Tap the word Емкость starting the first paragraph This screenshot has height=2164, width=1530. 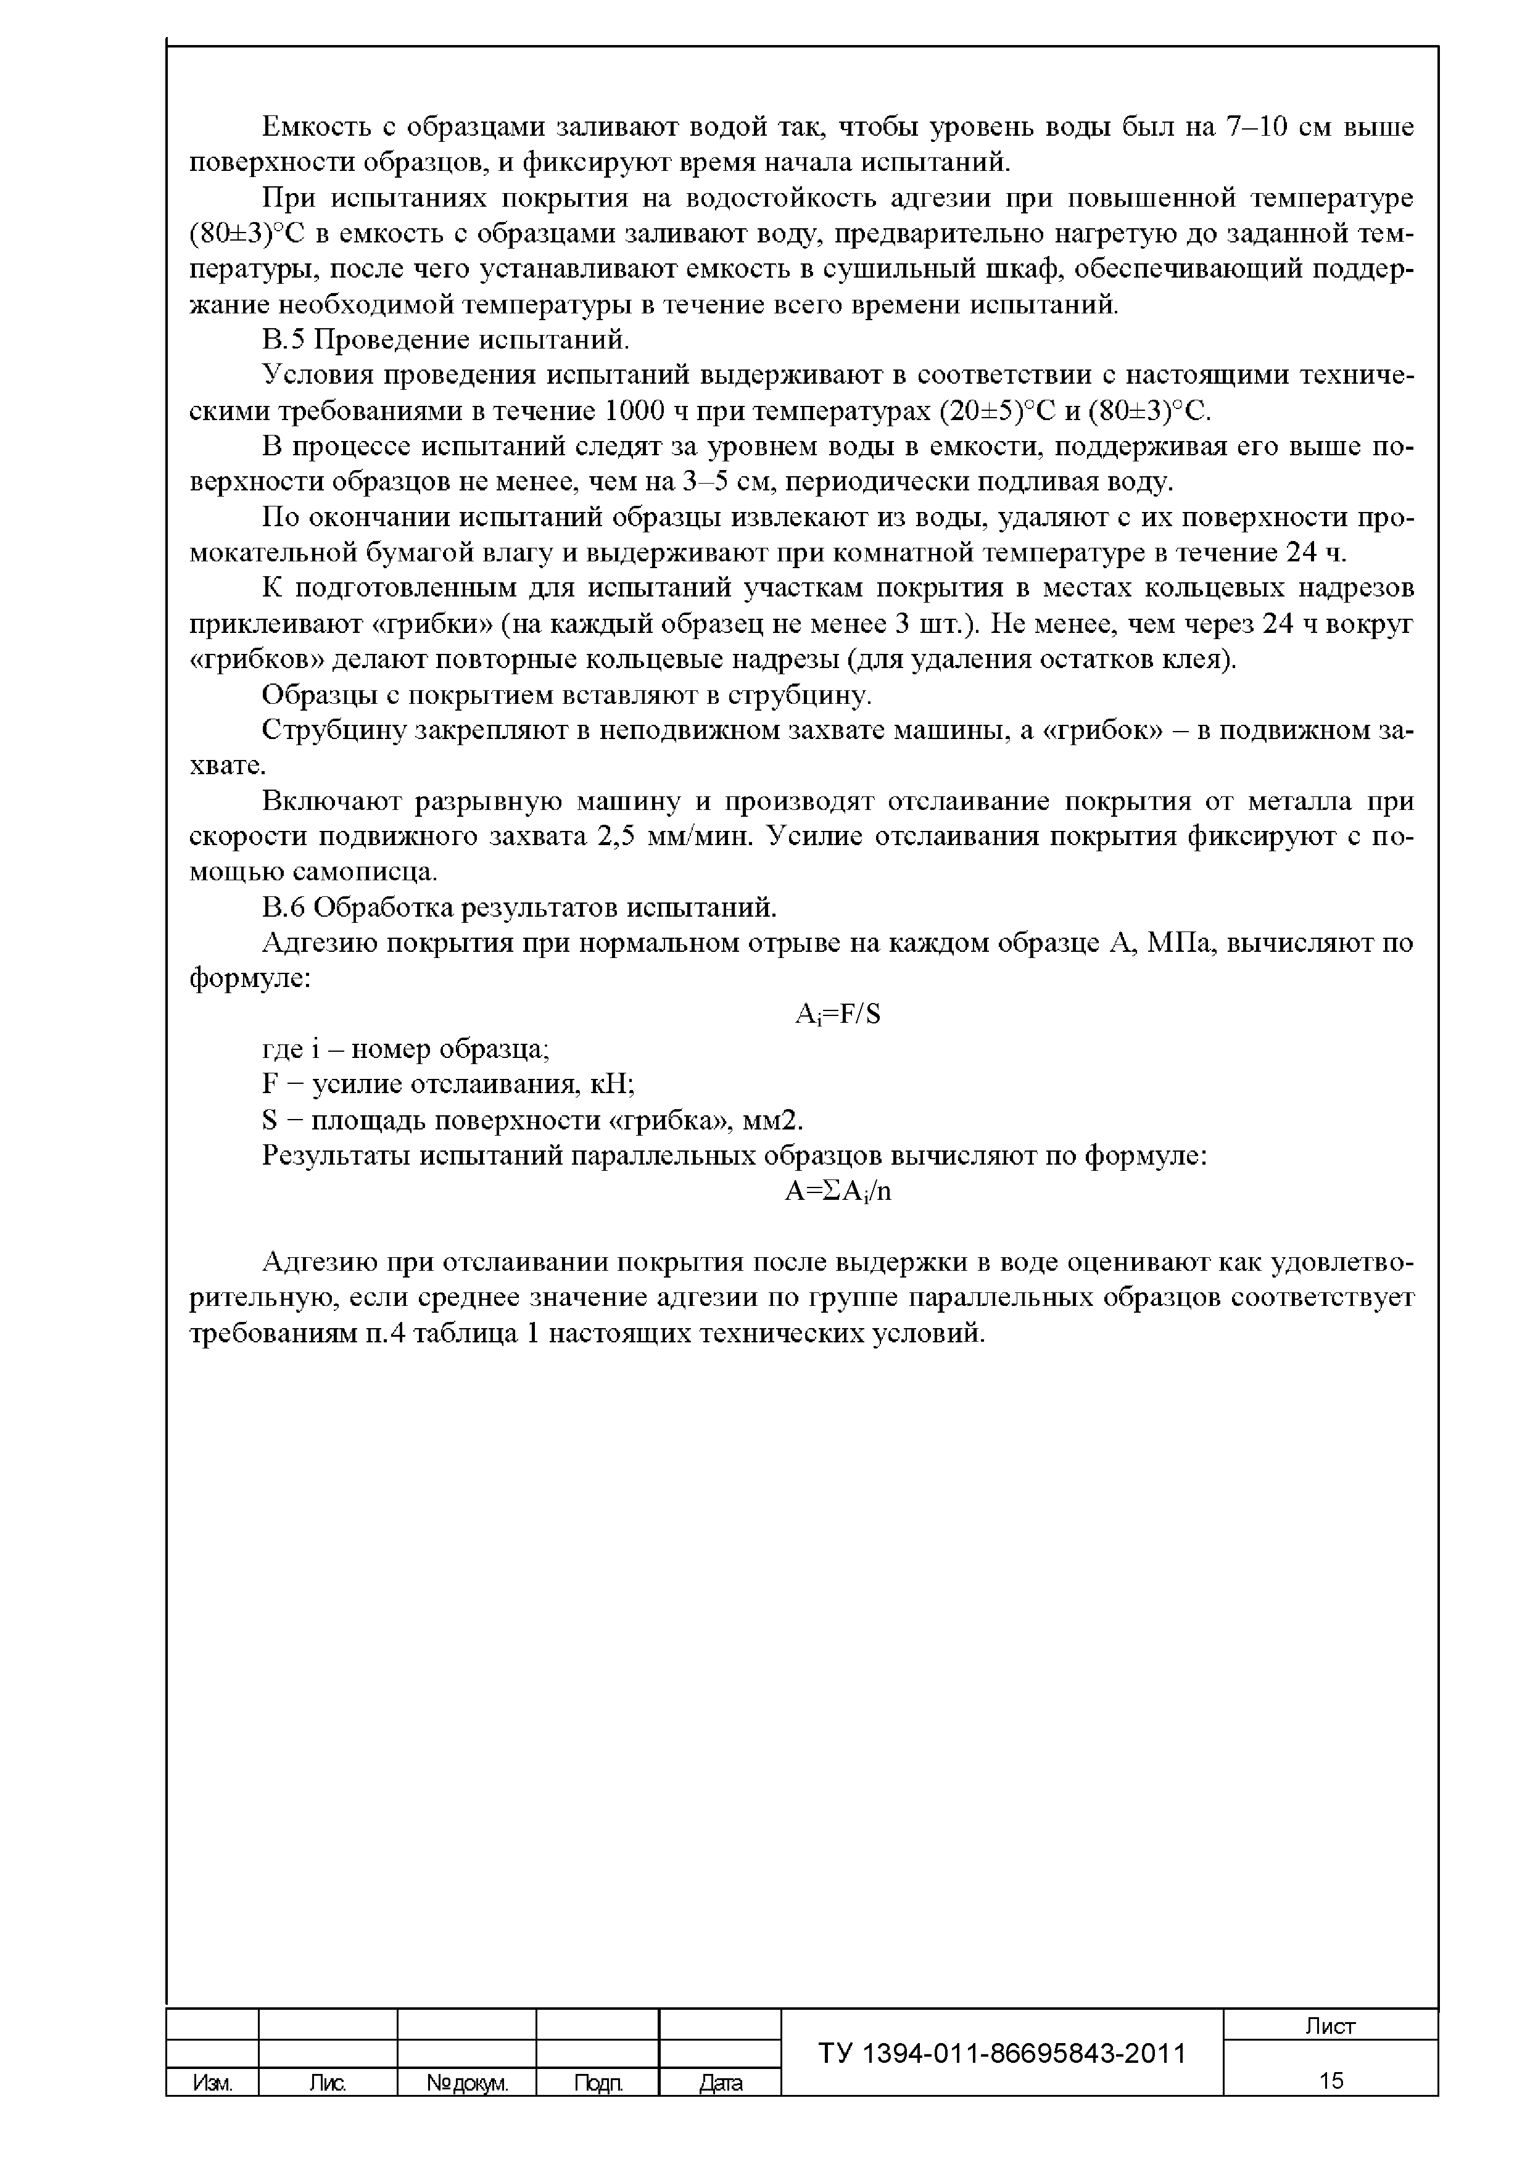(313, 127)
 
